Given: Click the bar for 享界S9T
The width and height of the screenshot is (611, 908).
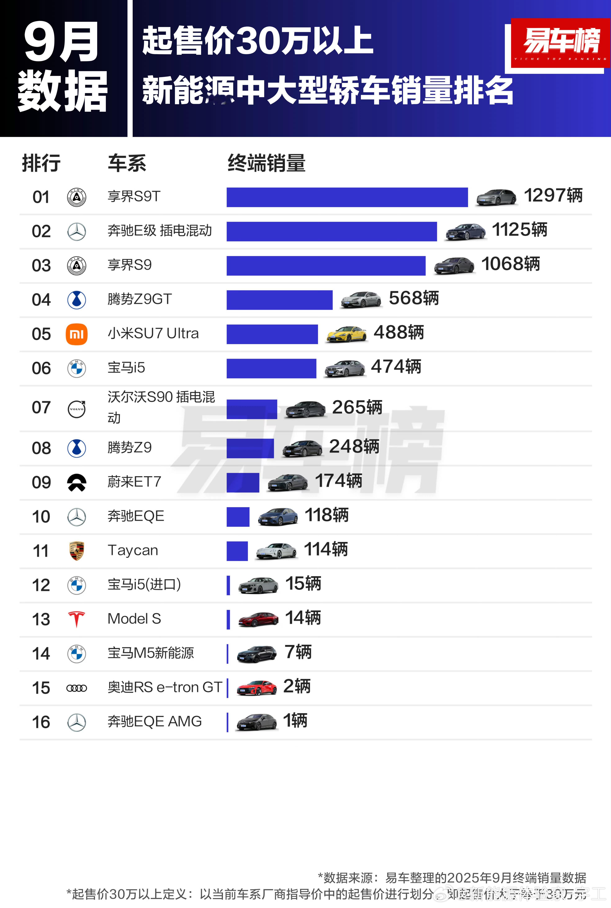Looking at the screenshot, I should (x=347, y=197).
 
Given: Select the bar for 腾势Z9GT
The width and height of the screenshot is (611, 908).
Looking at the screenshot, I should (x=279, y=300).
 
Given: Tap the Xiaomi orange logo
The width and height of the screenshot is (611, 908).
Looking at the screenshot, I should (x=76, y=334).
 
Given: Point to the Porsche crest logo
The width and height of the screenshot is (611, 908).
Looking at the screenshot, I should (x=76, y=550).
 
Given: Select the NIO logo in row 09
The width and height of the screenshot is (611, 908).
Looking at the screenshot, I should (x=76, y=482).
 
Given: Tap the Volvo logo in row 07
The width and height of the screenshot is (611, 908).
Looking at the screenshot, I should (x=76, y=409).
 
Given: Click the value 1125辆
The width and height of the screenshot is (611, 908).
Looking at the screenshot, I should (x=519, y=230).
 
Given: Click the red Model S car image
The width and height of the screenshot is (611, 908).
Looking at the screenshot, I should (x=258, y=619).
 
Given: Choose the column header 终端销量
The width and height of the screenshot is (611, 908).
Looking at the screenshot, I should (x=267, y=163).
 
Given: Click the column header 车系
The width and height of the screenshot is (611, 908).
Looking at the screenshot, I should (x=127, y=163).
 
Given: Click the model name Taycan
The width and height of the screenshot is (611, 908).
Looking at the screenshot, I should (x=133, y=550).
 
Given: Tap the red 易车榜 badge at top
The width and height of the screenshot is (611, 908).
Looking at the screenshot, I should (x=560, y=43).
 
